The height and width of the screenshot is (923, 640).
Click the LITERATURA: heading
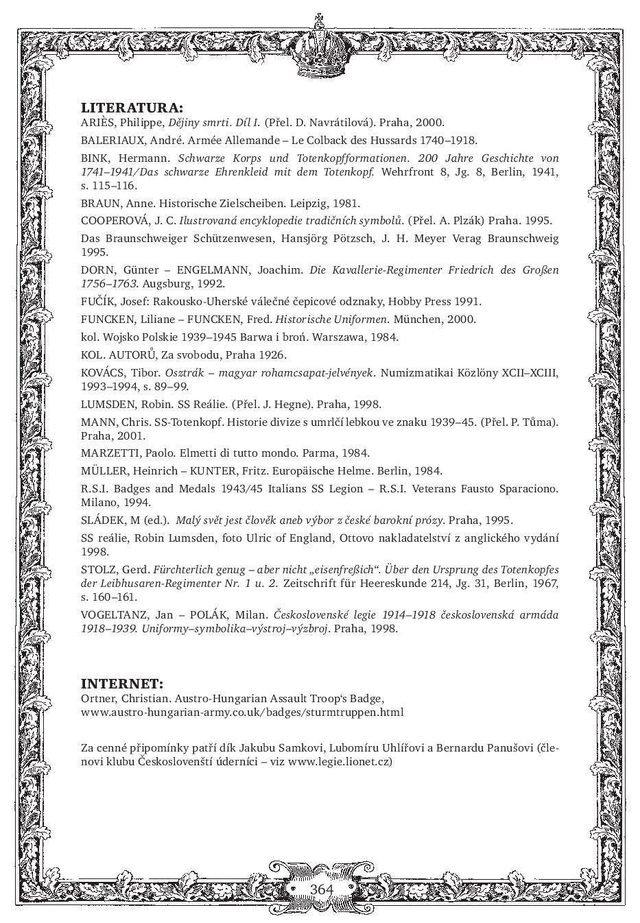(x=132, y=108)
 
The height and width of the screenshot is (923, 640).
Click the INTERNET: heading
(x=122, y=684)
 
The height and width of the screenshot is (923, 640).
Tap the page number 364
(x=321, y=889)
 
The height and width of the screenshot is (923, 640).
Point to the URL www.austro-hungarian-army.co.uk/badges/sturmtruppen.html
(x=241, y=712)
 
